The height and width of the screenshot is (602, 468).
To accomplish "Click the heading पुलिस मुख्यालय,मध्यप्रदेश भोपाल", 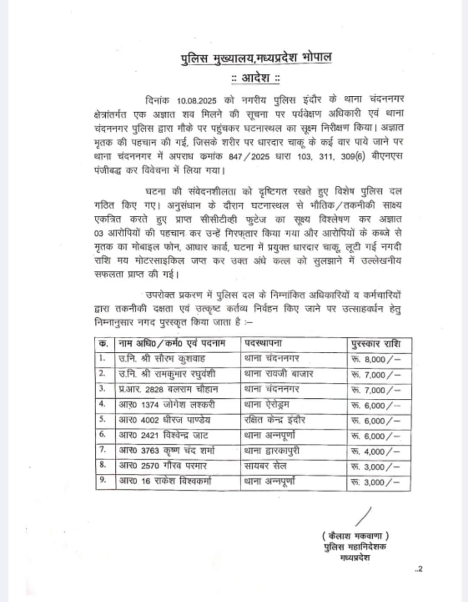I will pyautogui.click(x=257, y=58).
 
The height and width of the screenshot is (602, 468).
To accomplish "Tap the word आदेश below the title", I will pyautogui.click(x=256, y=79).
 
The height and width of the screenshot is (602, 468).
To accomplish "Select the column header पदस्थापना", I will pyautogui.click(x=263, y=344).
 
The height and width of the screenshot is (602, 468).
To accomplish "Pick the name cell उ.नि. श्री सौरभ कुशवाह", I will pyautogui.click(x=162, y=359).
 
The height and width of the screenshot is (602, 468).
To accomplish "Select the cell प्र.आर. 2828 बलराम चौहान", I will pyautogui.click(x=169, y=389).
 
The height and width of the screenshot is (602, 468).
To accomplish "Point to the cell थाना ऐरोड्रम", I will pyautogui.click(x=266, y=405).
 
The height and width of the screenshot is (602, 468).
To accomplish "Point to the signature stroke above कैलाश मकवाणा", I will pyautogui.click(x=363, y=516).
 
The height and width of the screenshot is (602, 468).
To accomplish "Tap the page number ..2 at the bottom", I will pyautogui.click(x=418, y=569).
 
